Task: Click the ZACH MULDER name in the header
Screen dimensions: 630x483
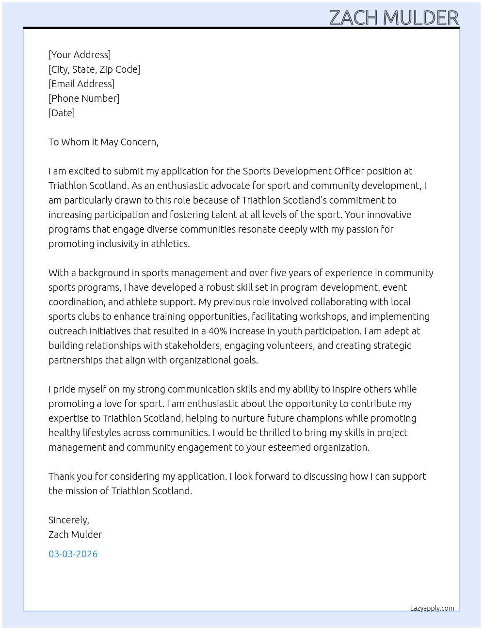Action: [x=394, y=18]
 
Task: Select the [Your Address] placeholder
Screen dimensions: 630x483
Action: [x=80, y=55]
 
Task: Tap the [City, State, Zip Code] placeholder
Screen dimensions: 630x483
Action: [x=94, y=69]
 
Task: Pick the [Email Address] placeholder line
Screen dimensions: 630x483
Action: [x=81, y=84]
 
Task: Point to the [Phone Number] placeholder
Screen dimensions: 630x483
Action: [x=84, y=98]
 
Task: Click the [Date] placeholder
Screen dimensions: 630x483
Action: [x=62, y=113]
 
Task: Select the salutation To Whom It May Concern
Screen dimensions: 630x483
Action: [x=103, y=142]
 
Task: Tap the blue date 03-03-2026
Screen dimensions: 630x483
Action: [x=73, y=554]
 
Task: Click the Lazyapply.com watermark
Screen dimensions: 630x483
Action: [x=432, y=608]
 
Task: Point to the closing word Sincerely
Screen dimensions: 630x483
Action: [x=68, y=520]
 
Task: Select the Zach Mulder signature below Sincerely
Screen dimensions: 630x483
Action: [x=75, y=535]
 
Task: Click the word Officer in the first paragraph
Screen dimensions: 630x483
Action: [x=349, y=171]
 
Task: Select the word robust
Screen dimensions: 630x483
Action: [x=221, y=287]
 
